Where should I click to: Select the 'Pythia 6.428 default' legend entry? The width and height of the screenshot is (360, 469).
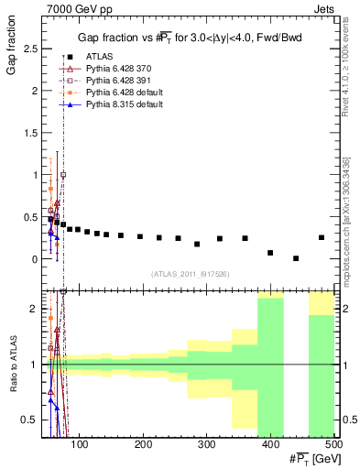pyautogui.click(x=122, y=93)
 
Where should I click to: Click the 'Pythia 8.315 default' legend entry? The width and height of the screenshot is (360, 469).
pyautogui.click(x=122, y=105)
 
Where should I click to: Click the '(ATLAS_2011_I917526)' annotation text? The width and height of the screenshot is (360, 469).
pyautogui.click(x=191, y=274)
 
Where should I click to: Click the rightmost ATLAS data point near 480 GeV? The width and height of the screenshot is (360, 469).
pyautogui.click(x=322, y=237)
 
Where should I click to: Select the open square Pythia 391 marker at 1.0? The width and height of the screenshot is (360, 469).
pyautogui.click(x=63, y=174)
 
